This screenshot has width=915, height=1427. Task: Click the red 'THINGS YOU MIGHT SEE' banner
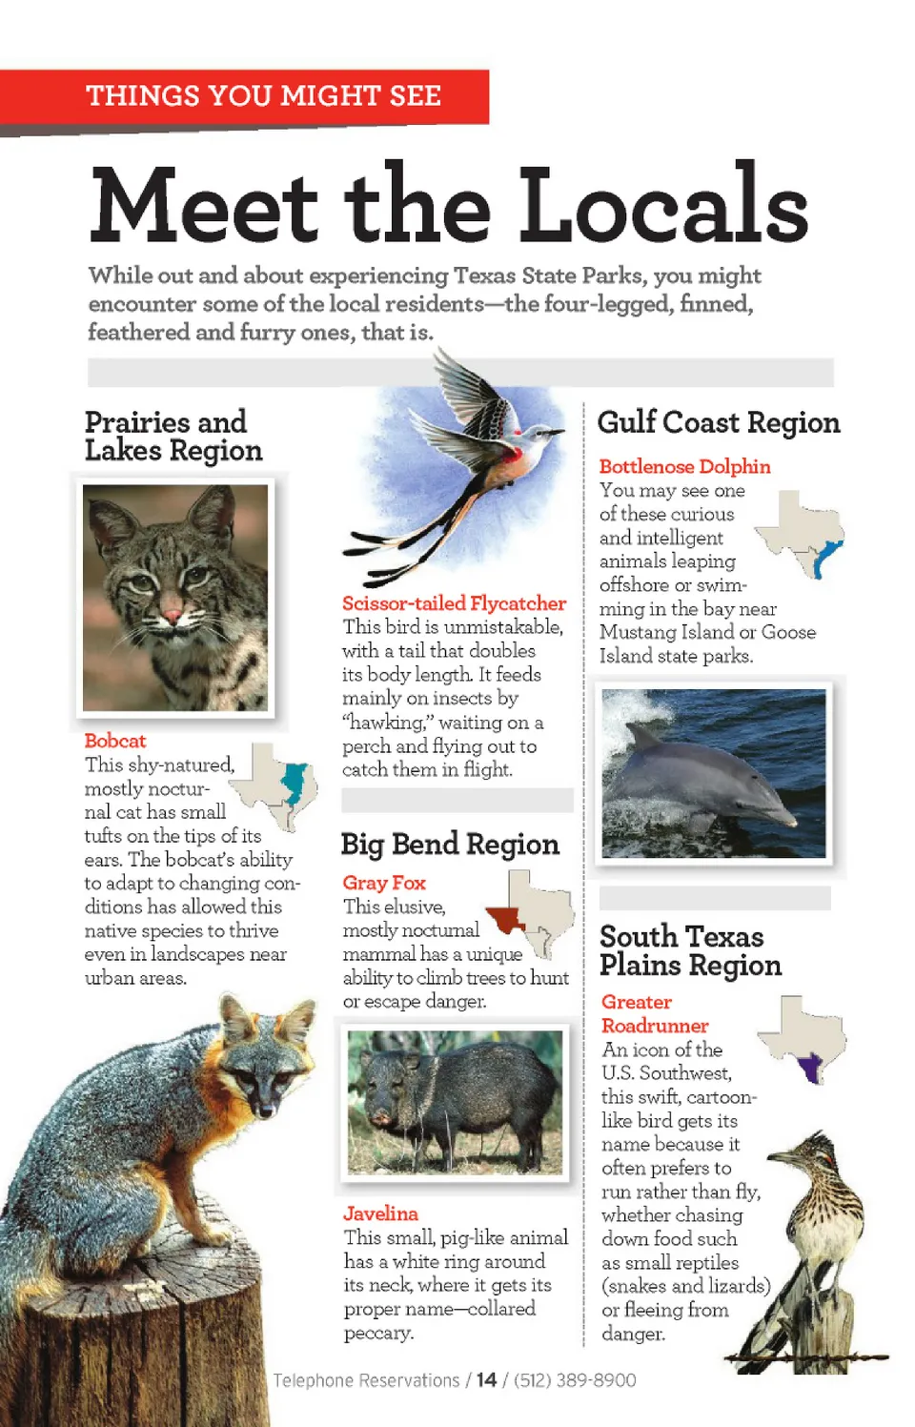coord(263,96)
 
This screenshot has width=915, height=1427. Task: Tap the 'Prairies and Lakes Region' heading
coord(173,436)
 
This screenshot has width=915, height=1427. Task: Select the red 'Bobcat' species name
coord(114,741)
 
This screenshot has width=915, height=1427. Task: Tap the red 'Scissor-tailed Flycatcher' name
coord(454,603)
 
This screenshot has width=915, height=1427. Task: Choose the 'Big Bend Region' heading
coord(450,845)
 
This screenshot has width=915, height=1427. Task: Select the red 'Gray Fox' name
coord(384,883)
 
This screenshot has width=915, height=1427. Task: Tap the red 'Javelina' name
coord(380,1213)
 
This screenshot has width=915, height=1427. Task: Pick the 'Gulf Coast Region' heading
coord(718,422)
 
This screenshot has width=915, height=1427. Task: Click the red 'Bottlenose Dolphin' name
coord(684,466)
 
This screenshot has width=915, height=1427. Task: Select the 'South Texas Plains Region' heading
coord(690,950)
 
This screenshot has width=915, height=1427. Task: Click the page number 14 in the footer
coord(486,1380)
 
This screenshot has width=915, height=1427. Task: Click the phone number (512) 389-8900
coord(575,1380)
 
